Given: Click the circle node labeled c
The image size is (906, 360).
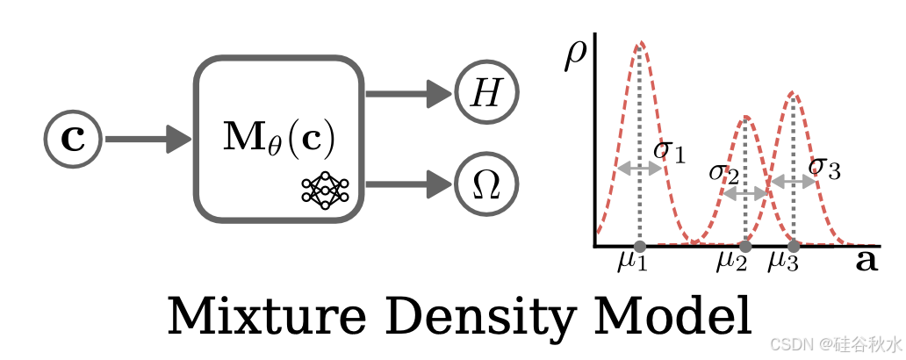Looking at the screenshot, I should [74, 139].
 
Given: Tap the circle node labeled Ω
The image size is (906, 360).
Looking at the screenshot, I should [486, 185].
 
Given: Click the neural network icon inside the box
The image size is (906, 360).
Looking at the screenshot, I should [325, 187].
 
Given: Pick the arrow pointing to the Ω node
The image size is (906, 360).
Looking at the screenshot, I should [408, 185].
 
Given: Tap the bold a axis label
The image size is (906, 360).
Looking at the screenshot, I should [866, 261].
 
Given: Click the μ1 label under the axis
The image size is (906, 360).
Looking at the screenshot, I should [631, 262].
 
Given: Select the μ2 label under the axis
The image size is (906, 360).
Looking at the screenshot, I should [731, 262].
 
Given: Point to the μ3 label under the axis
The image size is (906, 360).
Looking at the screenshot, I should [783, 262].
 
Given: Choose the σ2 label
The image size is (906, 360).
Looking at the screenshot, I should [723, 171].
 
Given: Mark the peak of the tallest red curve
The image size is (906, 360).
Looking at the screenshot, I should [641, 42].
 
